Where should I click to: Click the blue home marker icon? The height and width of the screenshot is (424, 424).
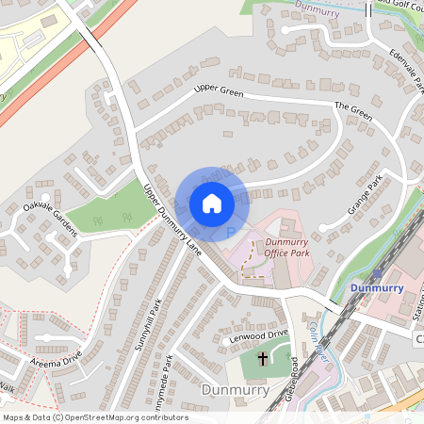coord(212,203)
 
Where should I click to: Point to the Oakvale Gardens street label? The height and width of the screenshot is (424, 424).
coord(51,222)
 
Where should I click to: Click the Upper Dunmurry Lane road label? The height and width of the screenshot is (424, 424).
coord(171,220)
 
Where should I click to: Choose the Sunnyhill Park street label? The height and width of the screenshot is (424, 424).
coord(149,325)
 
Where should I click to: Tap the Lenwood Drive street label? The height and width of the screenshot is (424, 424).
coord(256,335)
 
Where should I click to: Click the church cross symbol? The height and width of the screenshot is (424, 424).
coord(262,359)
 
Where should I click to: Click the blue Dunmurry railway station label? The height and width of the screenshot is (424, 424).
coord(377,287)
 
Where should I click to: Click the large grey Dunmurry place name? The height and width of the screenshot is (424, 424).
coord(236,389)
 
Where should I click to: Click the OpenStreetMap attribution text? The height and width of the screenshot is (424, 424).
coord(94,417)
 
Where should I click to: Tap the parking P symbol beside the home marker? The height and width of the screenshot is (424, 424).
coord(231,231)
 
